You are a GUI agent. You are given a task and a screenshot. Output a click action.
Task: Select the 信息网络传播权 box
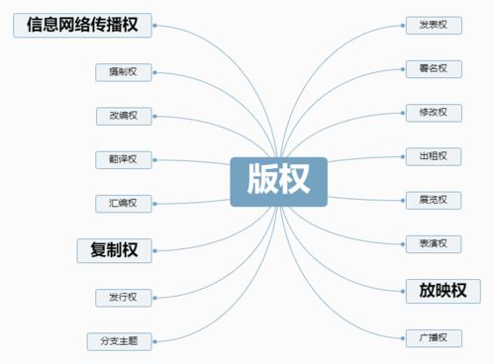[x=82, y=24]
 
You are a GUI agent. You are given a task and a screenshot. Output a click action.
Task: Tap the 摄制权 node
[x=123, y=71]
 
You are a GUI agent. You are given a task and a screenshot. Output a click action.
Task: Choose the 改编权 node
[x=123, y=116]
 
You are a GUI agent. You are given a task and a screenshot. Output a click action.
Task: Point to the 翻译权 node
[x=123, y=159]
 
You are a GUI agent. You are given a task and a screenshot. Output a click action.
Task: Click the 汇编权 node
[x=123, y=204]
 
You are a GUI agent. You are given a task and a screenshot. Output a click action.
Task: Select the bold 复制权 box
[x=114, y=249]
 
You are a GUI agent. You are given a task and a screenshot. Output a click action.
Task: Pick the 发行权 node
[x=123, y=297]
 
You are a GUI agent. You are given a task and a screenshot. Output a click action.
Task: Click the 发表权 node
[x=433, y=24]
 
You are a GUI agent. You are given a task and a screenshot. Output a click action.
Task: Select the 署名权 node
[x=433, y=68]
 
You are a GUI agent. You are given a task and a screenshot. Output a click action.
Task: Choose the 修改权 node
[x=433, y=113]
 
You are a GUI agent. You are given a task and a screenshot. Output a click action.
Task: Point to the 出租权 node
[x=433, y=156]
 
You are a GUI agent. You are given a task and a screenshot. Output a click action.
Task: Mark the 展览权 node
[x=433, y=200]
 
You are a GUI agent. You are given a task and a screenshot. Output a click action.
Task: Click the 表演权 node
[x=433, y=243]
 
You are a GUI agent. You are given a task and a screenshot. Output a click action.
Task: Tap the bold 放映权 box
[x=442, y=290]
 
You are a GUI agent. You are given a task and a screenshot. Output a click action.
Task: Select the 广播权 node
[x=433, y=338]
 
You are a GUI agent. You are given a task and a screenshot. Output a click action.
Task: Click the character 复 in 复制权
[x=95, y=249]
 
